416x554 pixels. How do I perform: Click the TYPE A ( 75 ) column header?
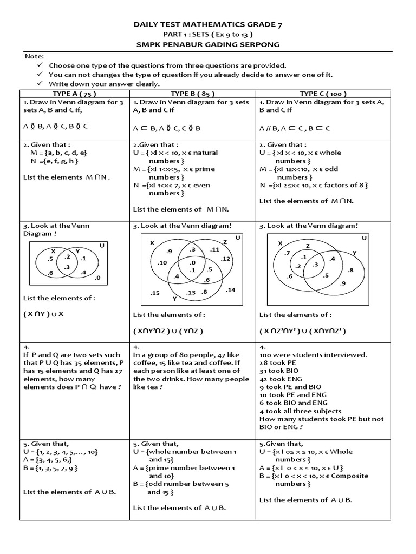click(74, 94)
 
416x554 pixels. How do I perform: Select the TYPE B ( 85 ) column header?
click(192, 94)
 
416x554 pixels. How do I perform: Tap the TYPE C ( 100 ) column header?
click(323, 94)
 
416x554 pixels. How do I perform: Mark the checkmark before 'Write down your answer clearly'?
click(40, 84)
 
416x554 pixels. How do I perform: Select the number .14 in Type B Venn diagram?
click(230, 291)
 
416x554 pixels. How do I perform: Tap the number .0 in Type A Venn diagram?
click(97, 278)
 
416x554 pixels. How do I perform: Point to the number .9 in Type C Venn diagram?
click(342, 283)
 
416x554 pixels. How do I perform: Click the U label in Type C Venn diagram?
click(364, 238)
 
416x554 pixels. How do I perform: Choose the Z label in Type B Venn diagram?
click(225, 242)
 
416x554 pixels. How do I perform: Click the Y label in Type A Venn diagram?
click(77, 252)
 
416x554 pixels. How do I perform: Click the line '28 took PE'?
click(277, 362)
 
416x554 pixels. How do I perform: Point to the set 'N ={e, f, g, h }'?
click(55, 161)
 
